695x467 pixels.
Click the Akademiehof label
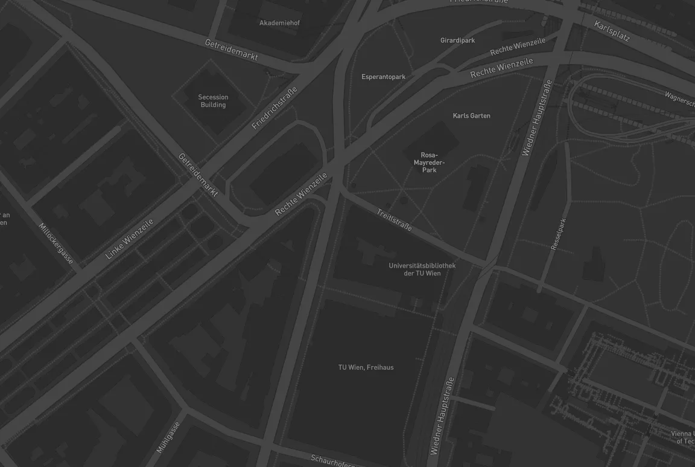(x=279, y=23)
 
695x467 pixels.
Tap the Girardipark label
(x=457, y=40)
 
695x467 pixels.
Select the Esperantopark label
(x=383, y=77)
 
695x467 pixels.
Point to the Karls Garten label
(x=471, y=115)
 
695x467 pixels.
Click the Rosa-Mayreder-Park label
(x=429, y=163)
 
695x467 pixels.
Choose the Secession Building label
(x=213, y=101)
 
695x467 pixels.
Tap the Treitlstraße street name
(x=394, y=221)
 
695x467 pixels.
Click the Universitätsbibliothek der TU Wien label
(x=422, y=269)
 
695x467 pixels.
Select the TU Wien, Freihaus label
(x=366, y=367)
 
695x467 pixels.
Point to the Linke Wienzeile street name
(x=129, y=239)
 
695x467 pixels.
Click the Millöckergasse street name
(x=56, y=243)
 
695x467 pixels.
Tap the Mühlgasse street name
(x=168, y=437)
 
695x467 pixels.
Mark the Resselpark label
(x=559, y=234)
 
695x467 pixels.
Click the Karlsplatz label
(x=612, y=31)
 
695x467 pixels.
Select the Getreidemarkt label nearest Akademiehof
(x=232, y=50)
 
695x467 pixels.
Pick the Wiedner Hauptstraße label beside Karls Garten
(x=536, y=118)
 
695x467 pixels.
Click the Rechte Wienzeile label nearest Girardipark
(x=517, y=47)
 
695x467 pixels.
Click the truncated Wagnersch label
(x=679, y=98)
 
